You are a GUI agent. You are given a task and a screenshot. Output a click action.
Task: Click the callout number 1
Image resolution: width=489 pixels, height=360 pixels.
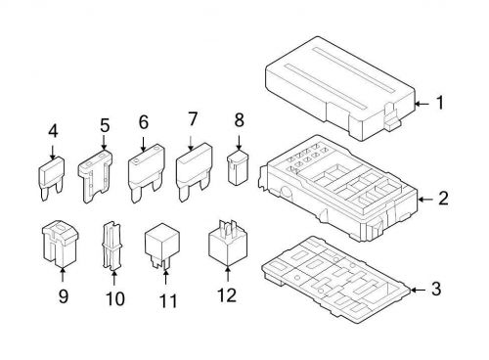[439, 102]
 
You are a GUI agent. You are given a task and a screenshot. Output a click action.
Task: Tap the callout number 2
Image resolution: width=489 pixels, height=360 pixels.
[443, 200]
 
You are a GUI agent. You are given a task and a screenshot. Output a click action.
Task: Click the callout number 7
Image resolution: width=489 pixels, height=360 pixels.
[192, 119]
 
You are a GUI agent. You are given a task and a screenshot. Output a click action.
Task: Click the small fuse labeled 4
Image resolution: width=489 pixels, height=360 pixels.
[53, 176]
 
